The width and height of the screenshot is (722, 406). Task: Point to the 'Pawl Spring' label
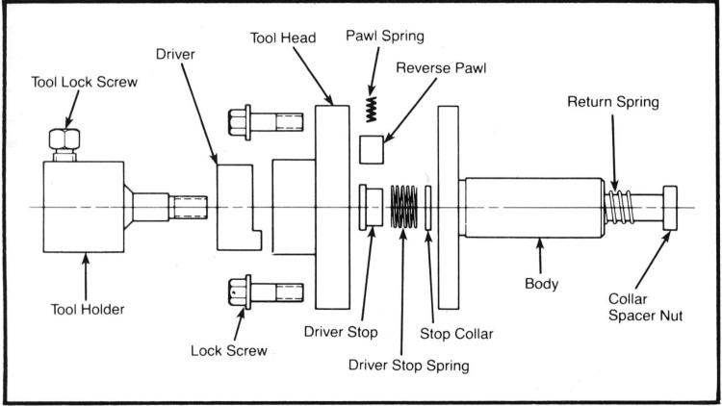tap(384, 36)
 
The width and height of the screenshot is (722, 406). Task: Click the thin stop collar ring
tap(428, 208)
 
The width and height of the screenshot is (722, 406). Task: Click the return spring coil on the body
tap(621, 207)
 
